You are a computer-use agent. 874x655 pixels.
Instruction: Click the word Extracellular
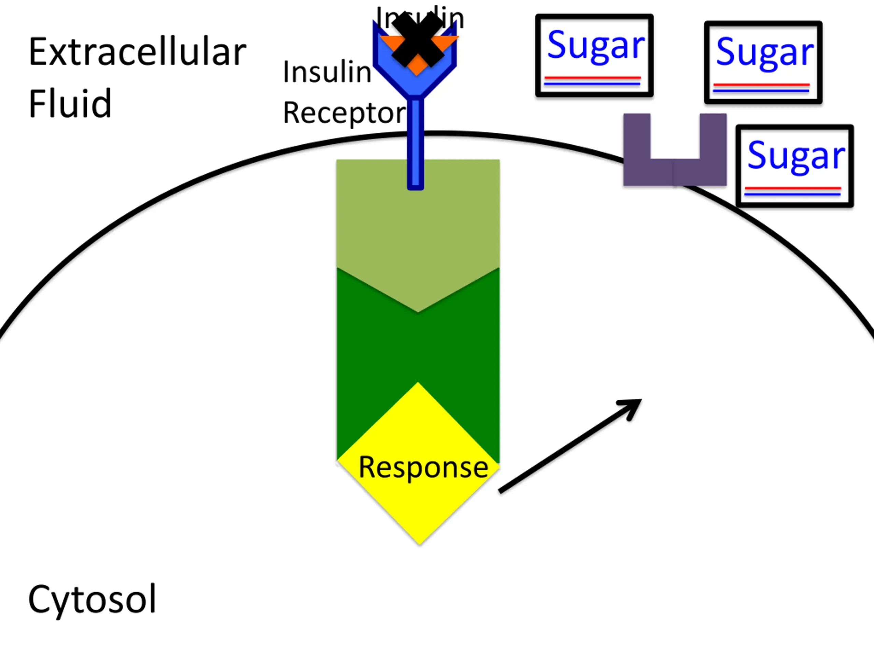pyautogui.click(x=137, y=53)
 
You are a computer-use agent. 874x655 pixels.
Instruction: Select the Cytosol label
pyautogui.click(x=92, y=599)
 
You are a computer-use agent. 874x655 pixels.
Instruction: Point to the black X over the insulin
pyautogui.click(x=417, y=40)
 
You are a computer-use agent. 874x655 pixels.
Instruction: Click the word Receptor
pyautogui.click(x=344, y=113)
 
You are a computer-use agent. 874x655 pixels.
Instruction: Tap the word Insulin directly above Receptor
pyautogui.click(x=327, y=72)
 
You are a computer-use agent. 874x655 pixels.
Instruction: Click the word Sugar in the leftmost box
pyautogui.click(x=595, y=46)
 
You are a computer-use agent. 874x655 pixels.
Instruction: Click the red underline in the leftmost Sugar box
pyautogui.click(x=592, y=78)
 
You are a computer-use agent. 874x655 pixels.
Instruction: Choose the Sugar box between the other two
pyautogui.click(x=763, y=62)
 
